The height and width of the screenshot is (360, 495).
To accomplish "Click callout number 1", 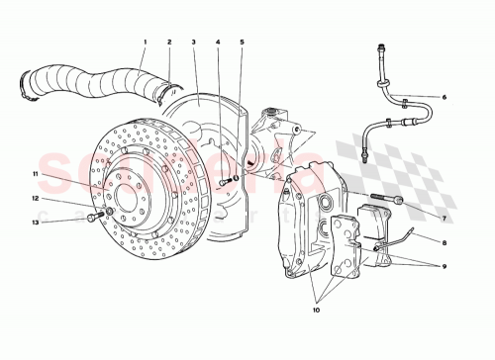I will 144,43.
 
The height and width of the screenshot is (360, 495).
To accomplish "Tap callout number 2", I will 169,43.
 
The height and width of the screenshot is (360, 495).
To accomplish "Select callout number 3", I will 195,43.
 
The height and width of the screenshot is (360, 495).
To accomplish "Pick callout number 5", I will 242,43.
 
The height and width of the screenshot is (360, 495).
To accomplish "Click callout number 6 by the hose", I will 445,97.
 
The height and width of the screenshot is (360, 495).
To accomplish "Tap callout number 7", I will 445,218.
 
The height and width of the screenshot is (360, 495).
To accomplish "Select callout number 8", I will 445,242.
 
